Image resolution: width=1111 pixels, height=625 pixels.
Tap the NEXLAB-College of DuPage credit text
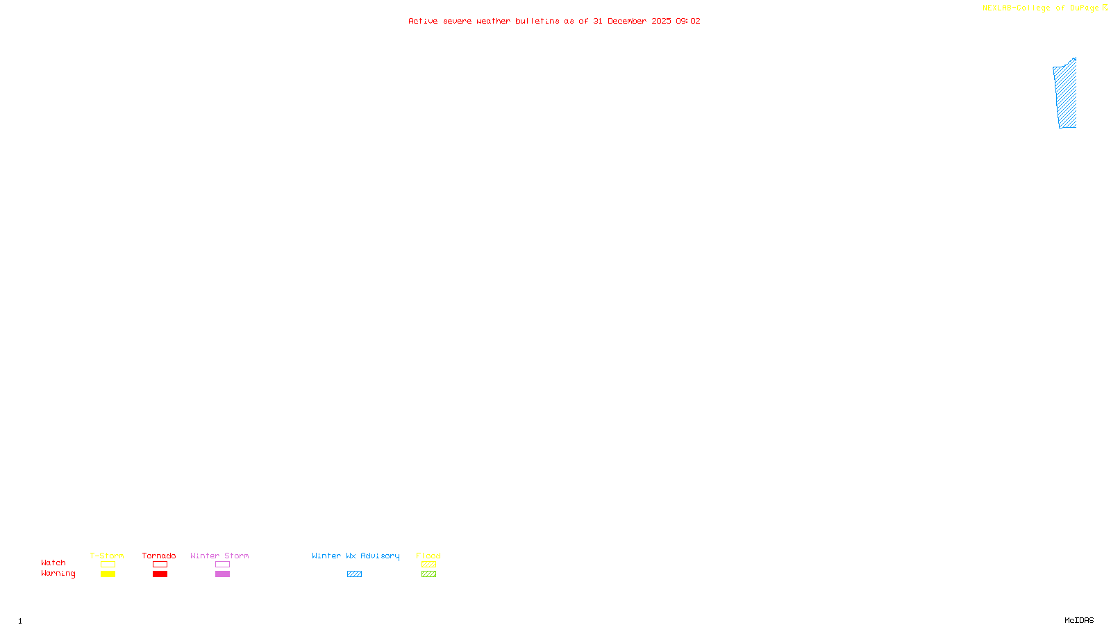(1040, 8)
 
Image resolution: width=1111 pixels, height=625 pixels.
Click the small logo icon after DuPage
(1105, 8)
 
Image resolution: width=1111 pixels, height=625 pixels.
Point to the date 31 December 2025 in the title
(632, 21)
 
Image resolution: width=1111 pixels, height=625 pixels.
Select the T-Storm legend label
(107, 556)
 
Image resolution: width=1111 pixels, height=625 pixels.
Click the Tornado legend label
(159, 556)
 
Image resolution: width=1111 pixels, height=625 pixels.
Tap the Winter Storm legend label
(219, 556)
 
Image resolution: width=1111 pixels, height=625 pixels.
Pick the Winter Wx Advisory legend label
(356, 556)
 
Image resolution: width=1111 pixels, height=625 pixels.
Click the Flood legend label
(428, 556)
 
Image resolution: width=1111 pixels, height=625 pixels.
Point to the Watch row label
(53, 562)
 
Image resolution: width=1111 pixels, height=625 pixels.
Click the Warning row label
(58, 574)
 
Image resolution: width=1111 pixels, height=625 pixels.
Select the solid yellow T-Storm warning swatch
(108, 574)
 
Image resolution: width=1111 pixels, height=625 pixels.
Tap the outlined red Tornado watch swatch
(160, 565)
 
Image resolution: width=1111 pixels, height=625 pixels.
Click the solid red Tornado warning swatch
(160, 574)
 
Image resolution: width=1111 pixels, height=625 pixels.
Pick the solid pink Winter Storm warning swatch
(222, 574)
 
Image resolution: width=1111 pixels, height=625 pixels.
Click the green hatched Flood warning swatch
(428, 574)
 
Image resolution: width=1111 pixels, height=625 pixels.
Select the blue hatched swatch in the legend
(354, 574)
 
